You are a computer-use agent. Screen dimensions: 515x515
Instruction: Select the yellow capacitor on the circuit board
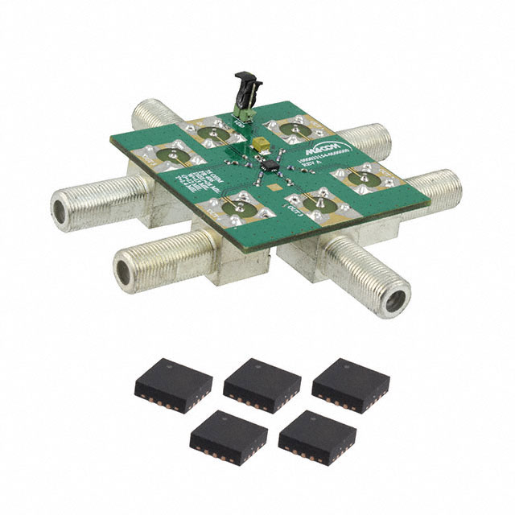pyautogui.click(x=263, y=144)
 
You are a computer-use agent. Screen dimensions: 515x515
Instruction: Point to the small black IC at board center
pyautogui.click(x=271, y=166)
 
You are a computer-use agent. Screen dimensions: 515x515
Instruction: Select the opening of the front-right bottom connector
pyautogui.click(x=393, y=299)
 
